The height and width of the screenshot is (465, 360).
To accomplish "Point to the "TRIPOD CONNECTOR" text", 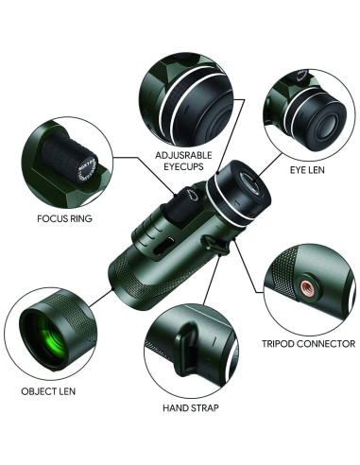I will coord(310,344).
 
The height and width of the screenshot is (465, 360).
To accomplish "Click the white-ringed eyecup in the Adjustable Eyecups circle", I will coord(185,90).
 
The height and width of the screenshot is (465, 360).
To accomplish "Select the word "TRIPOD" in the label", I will coord(286,344).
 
